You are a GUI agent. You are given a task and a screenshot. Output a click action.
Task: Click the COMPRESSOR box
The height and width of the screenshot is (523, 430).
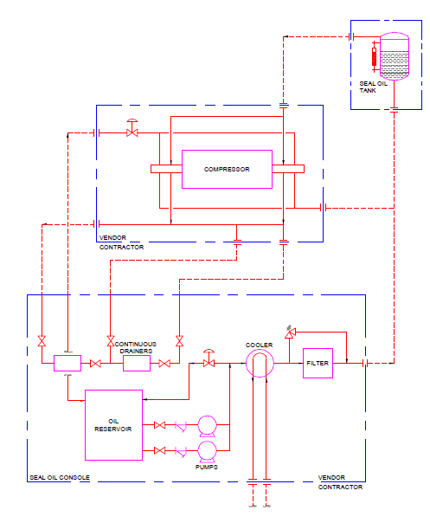(227, 170)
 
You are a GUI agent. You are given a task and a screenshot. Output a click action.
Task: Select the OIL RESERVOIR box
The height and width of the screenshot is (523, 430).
(113, 424)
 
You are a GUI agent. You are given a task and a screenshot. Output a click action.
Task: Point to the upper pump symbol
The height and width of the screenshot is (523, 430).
(207, 425)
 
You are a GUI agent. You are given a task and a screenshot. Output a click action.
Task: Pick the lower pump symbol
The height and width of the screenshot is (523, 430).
(207, 450)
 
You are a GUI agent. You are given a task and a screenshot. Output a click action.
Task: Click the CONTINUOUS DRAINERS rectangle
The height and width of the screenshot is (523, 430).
(137, 364)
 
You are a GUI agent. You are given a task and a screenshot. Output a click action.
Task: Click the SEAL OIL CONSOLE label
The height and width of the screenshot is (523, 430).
(60, 478)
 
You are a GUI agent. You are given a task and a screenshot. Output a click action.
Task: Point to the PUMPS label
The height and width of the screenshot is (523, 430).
(206, 468)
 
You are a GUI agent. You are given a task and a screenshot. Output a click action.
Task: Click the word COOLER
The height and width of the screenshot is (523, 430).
(259, 344)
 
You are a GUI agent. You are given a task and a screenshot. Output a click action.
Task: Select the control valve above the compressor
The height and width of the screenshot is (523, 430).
(132, 131)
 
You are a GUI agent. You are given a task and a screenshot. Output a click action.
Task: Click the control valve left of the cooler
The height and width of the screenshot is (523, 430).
(209, 361)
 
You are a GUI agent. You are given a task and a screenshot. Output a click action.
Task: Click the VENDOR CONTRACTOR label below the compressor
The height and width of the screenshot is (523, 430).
(121, 242)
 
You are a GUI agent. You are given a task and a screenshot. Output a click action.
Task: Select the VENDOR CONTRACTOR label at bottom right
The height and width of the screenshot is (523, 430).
(340, 482)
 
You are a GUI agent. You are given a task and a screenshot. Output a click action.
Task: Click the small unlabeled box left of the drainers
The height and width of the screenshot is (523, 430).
(67, 364)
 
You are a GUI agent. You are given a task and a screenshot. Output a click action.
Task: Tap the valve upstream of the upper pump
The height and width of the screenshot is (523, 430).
(159, 425)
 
